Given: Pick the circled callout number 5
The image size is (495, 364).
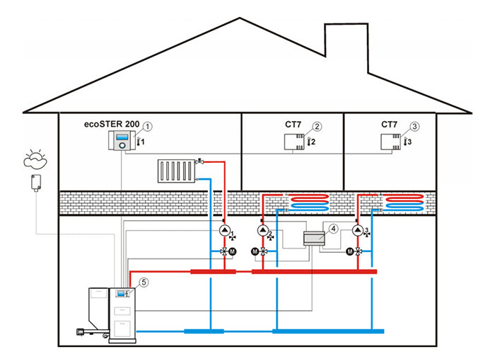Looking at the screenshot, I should click(144, 282).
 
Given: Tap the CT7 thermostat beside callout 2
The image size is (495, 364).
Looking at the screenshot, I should click(291, 142).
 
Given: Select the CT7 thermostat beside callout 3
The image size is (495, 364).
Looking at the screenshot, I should click(388, 142).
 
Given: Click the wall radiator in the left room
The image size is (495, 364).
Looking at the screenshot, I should click(176, 171).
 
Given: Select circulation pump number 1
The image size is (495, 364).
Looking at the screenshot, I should click(225, 232).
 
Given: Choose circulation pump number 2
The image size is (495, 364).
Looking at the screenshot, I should click(263, 232).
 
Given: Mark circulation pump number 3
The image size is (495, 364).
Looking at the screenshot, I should click(359, 232).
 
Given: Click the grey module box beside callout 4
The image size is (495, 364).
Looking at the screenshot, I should click(312, 239).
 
